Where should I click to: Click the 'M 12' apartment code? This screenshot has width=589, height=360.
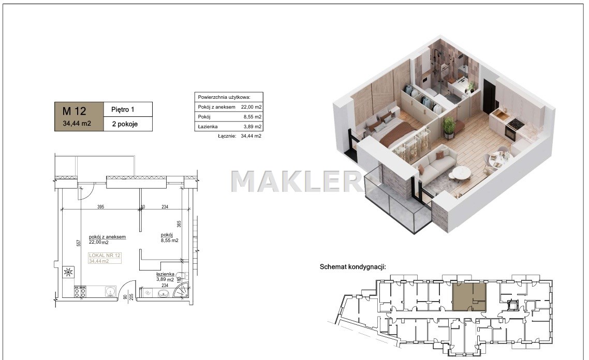74,111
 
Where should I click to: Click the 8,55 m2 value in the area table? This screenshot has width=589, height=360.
253,117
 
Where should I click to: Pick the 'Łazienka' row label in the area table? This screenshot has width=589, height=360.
208,127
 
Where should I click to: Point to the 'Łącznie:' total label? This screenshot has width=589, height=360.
227,136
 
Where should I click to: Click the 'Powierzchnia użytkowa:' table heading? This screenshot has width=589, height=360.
224,97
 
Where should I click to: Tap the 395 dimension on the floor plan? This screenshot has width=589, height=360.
101,207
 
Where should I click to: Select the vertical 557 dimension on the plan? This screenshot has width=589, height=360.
79,243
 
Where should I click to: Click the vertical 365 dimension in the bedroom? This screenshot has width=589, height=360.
179,224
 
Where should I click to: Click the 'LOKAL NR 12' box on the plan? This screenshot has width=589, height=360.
105,258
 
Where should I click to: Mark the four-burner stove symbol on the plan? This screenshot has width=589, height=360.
80,292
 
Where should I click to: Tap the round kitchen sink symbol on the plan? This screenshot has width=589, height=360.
110,292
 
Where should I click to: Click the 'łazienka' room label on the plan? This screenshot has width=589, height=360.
165,274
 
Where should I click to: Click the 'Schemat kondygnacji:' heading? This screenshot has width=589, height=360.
352,267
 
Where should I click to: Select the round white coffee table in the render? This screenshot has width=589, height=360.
461,173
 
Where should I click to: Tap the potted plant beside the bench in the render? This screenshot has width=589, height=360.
449,127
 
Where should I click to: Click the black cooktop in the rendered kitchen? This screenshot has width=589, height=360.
514,123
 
